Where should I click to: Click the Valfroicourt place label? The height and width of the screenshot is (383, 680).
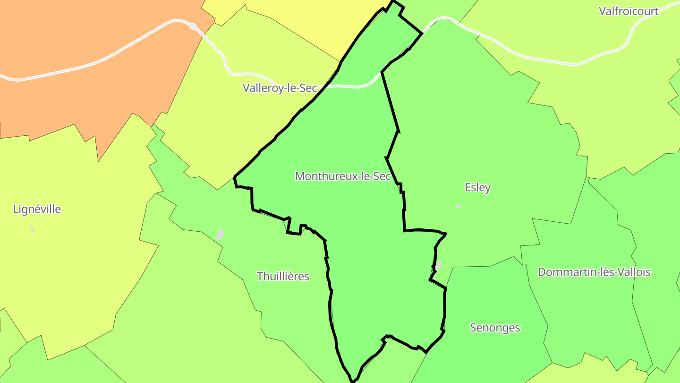pos(628,11)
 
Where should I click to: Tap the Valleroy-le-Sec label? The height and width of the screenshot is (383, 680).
pos(280,88)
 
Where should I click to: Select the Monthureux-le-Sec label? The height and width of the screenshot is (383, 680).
pos(343,176)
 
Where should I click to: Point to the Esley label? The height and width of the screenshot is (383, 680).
pos(477,187)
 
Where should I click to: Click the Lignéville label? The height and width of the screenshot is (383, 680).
pos(37,209)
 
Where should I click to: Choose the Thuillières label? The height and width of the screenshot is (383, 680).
pos(283,276)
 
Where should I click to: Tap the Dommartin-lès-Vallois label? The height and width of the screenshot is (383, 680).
pos(594,272)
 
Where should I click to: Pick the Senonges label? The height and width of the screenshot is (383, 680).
pos(495,328)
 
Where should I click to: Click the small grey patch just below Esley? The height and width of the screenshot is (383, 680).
pos(458,207)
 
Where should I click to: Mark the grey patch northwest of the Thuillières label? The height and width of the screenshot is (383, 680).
pos(220,234)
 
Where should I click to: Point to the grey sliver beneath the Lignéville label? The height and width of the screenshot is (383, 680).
pos(32,229)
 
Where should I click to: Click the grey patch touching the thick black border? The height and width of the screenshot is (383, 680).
pos(438,266)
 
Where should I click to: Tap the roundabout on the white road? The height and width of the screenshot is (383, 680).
pos(193,26)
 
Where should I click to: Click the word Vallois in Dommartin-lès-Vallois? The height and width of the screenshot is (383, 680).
pos(634,272)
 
